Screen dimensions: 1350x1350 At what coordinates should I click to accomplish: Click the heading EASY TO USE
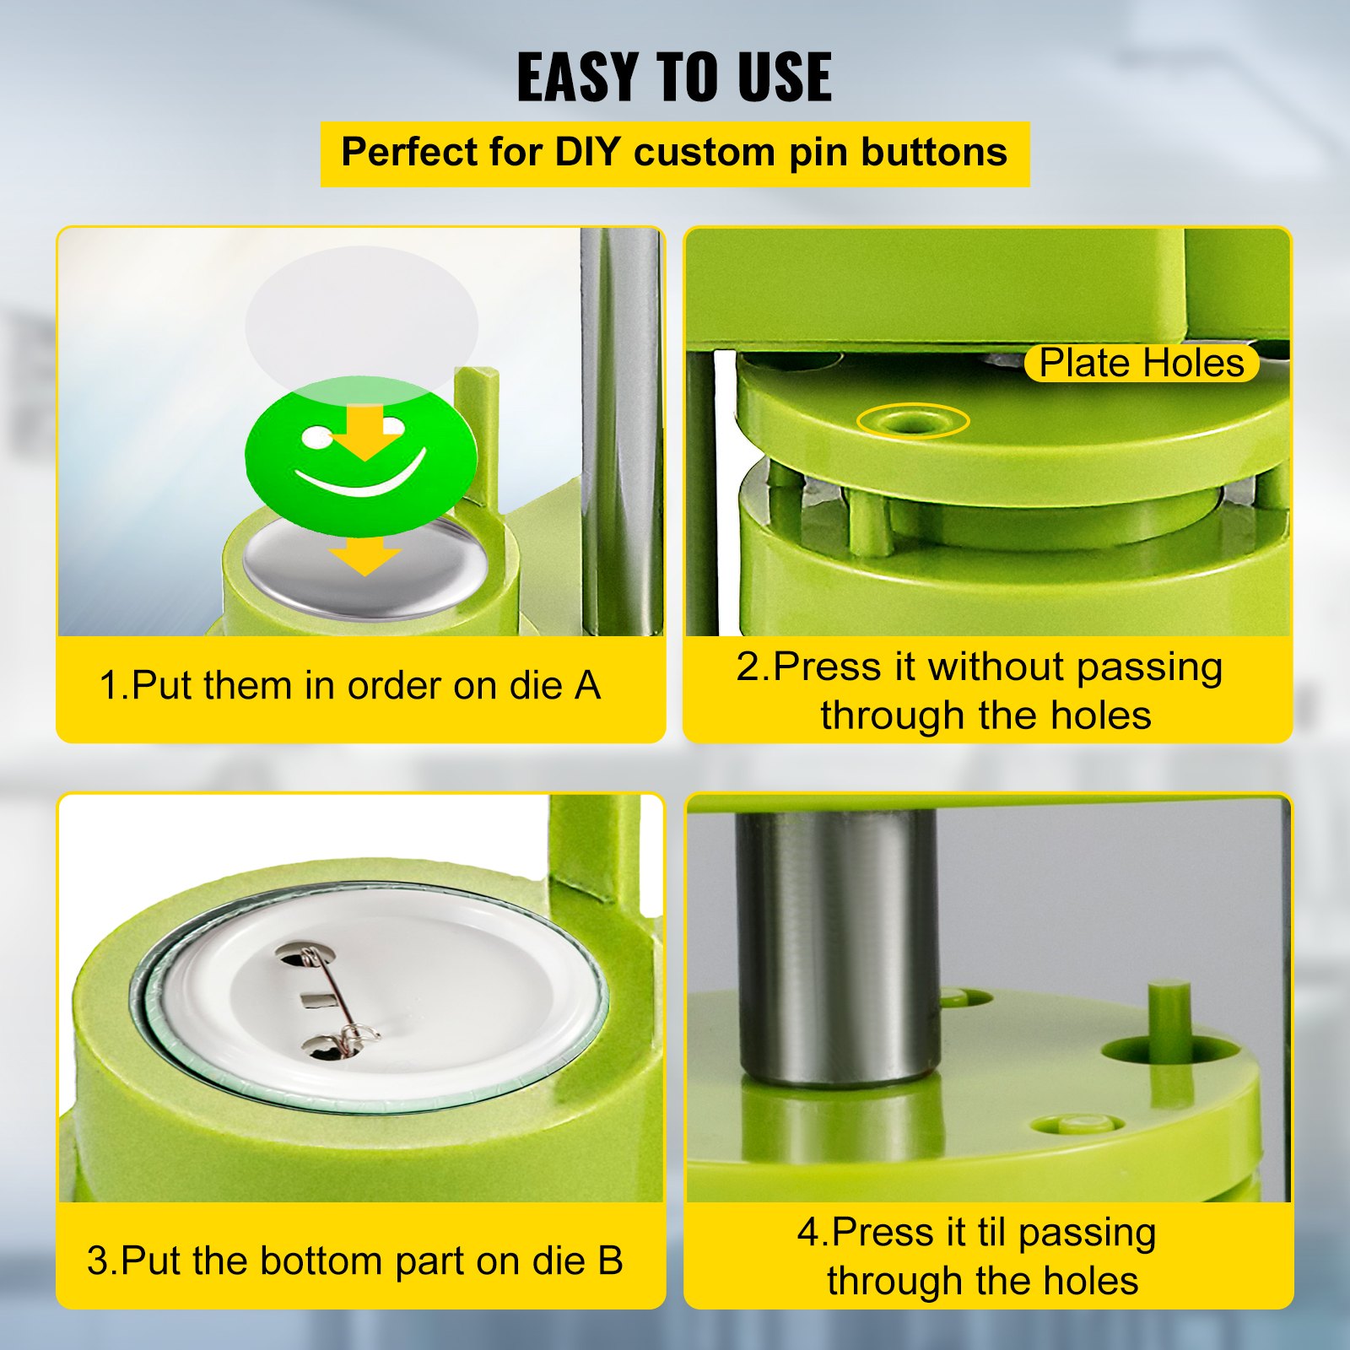674,77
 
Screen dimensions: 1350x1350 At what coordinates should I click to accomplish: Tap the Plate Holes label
1141,363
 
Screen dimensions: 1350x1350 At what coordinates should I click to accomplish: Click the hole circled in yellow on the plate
913,420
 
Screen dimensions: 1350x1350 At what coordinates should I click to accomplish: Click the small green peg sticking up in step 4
1169,1017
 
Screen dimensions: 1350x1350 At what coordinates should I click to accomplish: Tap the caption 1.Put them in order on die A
349,685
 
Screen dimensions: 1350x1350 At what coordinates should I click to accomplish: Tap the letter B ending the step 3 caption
609,1261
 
